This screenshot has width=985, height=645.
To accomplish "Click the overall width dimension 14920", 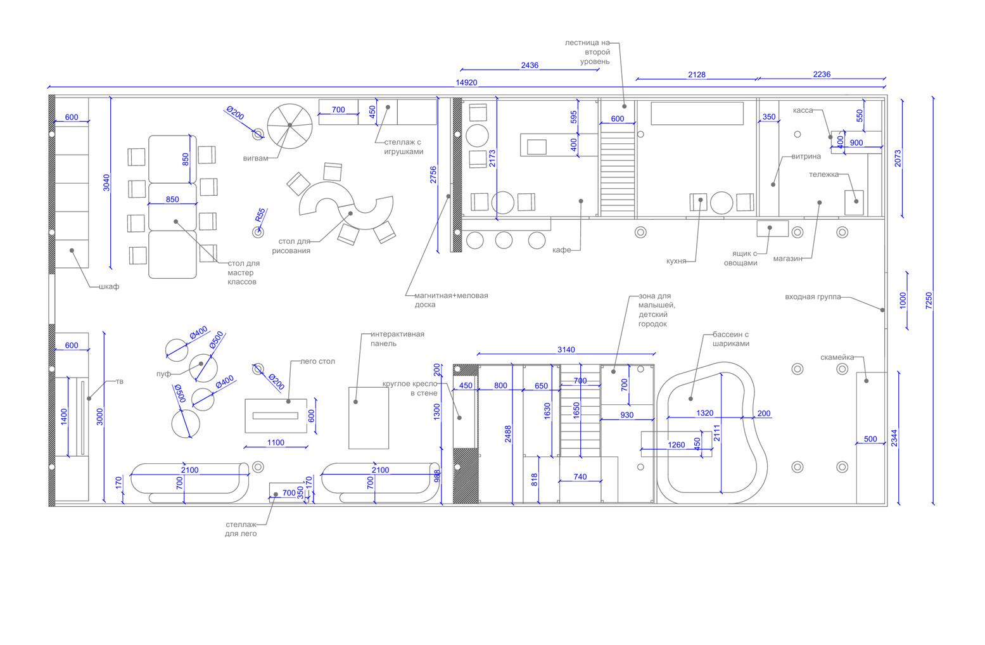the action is pos(467,83).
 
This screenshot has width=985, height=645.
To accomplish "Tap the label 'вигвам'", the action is pos(255,158).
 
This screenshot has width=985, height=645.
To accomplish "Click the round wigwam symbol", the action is pos(289,126).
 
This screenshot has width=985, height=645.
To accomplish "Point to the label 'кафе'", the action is pos(561,250).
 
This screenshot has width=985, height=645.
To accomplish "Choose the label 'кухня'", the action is pos(677,261).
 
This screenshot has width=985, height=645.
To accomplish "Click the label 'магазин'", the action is pos(787,259).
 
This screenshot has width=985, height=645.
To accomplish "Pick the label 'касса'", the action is pos(803,110).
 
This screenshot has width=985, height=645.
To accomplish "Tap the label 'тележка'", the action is pos(823,175).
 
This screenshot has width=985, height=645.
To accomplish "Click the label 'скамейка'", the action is pos(837,358).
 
